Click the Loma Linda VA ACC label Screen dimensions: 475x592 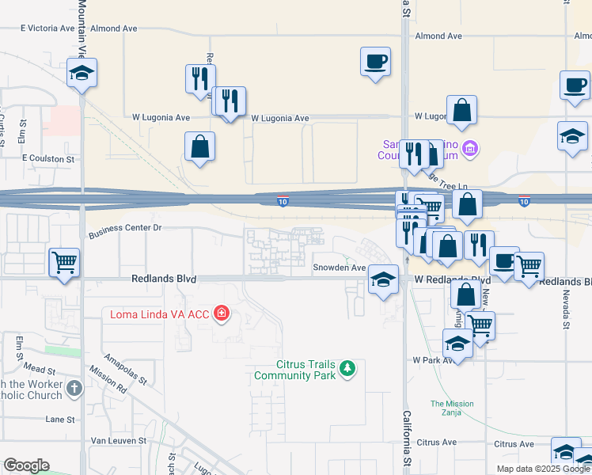[x=159, y=314]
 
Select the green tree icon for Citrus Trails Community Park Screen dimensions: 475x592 [x=346, y=368]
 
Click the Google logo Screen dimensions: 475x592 [x=26, y=465]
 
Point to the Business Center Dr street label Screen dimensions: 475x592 [x=125, y=229]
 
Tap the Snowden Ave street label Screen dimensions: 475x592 [x=339, y=268]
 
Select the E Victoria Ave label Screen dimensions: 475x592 [x=48, y=28]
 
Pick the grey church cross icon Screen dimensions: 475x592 [x=74, y=388]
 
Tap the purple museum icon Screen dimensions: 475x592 [x=470, y=148]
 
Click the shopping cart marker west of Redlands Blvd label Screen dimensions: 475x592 [x=64, y=261]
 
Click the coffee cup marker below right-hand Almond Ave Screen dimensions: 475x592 [x=375, y=60]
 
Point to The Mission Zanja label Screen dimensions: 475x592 [x=452, y=408]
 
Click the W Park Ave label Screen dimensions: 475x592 [x=431, y=359]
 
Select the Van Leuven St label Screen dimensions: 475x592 [x=120, y=440]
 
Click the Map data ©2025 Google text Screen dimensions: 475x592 [x=542, y=469]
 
